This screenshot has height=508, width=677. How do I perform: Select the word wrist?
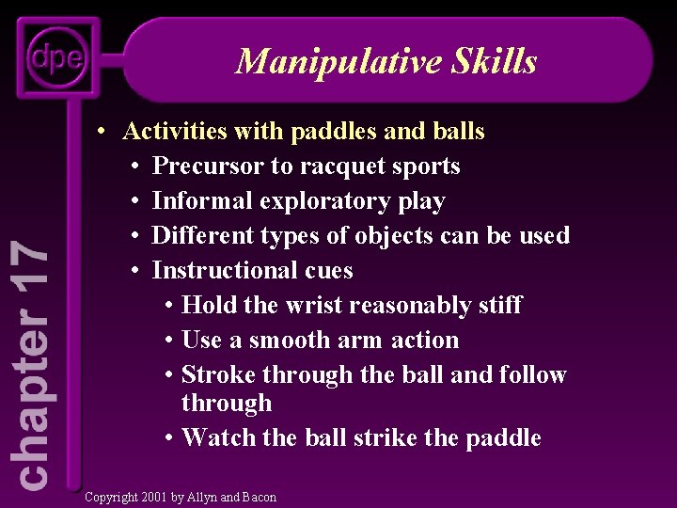point(315,306)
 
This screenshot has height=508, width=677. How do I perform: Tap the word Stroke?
point(218,375)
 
